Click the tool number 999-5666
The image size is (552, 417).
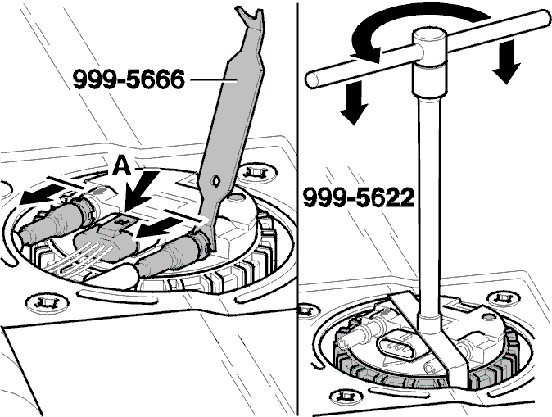click(x=129, y=79)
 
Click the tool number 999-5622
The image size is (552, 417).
click(x=359, y=197)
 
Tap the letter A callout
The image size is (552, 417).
click(x=122, y=165)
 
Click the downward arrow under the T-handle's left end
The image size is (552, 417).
click(x=354, y=103)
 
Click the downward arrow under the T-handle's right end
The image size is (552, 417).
click(x=506, y=61)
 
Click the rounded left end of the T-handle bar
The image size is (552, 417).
click(x=312, y=79)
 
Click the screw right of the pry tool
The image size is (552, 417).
click(x=256, y=173)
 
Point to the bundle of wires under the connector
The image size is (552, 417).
click(x=82, y=260)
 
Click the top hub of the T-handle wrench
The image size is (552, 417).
click(x=430, y=48)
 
